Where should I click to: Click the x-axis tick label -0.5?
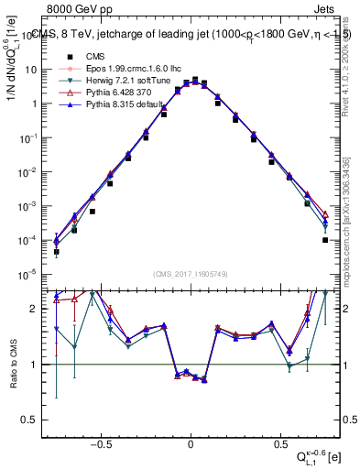[x=102, y=442]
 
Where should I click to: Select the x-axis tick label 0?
[x=190, y=442]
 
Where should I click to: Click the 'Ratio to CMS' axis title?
[x=14, y=364]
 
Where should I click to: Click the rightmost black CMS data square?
[x=325, y=240]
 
